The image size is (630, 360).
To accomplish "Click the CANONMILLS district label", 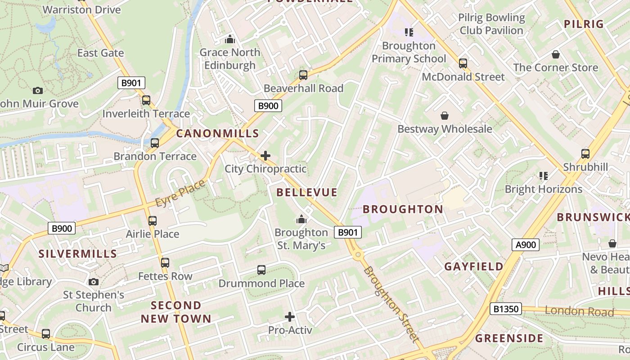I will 217,133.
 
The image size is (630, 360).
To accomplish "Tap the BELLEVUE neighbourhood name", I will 307,193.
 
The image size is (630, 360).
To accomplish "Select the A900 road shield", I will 526,245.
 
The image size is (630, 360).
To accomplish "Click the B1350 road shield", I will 505,309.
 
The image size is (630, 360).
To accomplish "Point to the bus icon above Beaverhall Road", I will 303,75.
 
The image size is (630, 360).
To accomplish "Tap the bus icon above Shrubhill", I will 585,154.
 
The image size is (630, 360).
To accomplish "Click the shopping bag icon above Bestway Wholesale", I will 445,116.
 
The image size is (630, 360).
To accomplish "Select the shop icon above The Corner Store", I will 556,54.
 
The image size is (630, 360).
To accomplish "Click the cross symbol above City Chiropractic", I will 265,156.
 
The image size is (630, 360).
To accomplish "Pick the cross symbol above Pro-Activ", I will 290,317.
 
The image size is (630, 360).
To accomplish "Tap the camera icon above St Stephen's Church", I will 94,282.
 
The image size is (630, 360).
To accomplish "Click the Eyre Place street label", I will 180,193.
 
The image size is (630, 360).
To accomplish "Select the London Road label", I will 579,311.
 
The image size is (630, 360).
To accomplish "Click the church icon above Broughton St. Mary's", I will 301,219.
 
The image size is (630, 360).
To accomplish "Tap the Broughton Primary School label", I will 409,52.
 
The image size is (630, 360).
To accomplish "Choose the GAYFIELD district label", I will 474,266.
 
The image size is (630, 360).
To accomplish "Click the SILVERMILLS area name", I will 78,254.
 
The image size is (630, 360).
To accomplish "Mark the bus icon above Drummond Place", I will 261,270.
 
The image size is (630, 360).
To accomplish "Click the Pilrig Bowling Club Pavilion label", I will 491,24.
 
